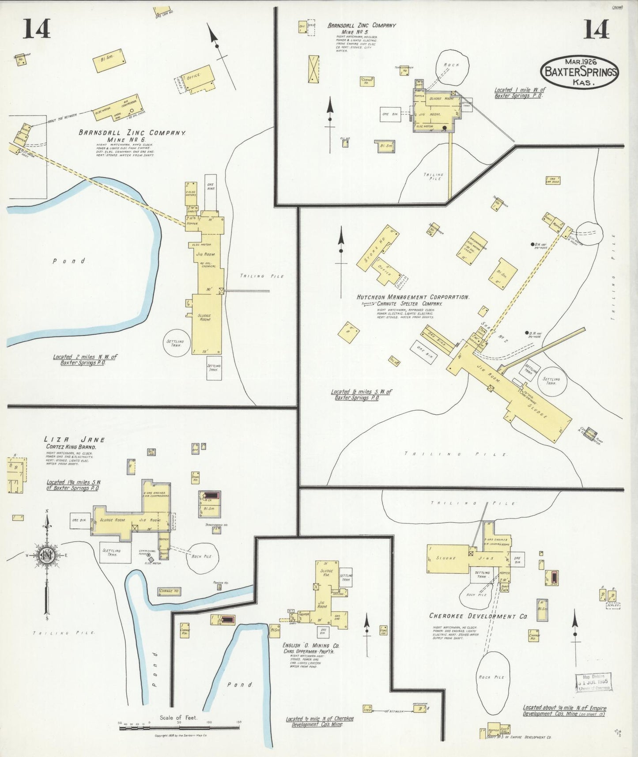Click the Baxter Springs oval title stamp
point(579,72)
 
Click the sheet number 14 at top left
point(37,29)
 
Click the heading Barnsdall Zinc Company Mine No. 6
point(132,136)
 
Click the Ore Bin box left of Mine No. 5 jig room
point(390,114)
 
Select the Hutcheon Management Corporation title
point(412,297)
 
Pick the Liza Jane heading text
point(74,439)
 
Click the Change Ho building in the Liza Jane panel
point(169,591)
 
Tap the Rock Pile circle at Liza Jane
point(202,556)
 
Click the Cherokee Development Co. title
point(478,616)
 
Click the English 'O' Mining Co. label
point(310,646)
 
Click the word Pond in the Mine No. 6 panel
point(69,261)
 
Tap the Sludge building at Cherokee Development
point(447,558)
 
